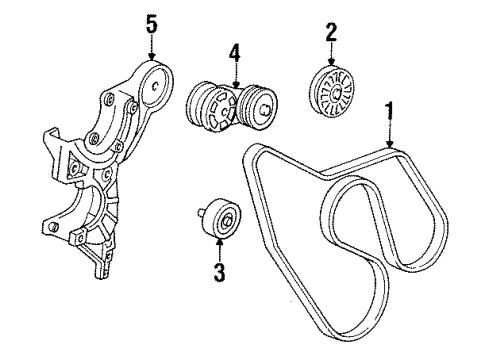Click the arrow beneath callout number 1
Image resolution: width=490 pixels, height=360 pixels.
coord(387,132)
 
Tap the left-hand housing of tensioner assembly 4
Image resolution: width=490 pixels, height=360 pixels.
coord(208,105)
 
